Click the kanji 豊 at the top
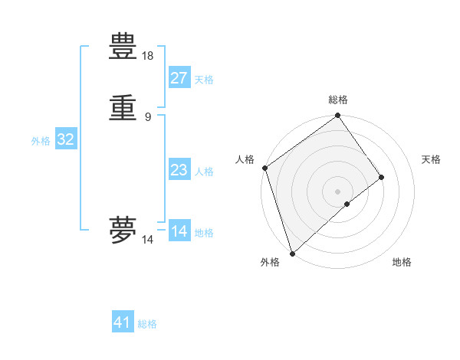(123, 48)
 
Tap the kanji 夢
(123, 229)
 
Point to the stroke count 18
(148, 56)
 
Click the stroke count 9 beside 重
(148, 116)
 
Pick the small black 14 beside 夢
(148, 240)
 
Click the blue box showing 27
(179, 78)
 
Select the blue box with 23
(179, 170)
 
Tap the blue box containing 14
(179, 231)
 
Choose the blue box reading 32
(65, 139)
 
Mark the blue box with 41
(123, 322)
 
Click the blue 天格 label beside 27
(204, 80)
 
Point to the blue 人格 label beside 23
(204, 172)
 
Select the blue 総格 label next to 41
(147, 324)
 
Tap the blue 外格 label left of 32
(41, 141)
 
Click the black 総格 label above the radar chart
(338, 100)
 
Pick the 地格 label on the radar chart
(402, 262)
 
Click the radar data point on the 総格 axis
(338, 116)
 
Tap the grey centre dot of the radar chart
(338, 191)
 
